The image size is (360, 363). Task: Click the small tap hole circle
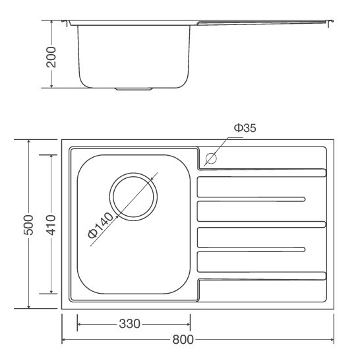(212, 158)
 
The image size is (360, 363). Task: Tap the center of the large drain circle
(135, 196)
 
